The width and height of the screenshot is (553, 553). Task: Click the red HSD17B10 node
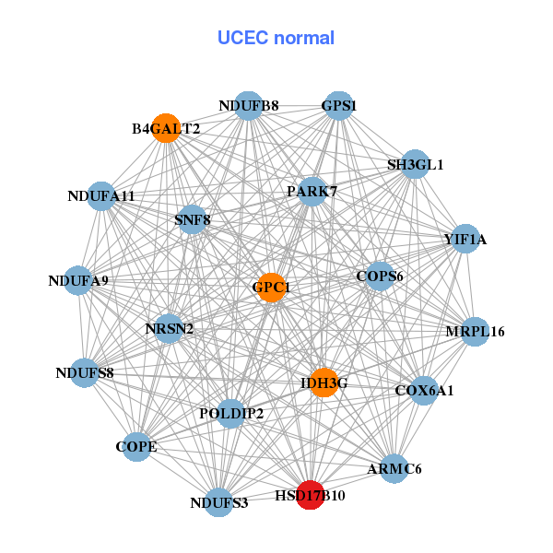[x=311, y=495]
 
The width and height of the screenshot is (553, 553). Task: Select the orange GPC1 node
[x=271, y=288]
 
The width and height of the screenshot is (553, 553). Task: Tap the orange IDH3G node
[x=324, y=382]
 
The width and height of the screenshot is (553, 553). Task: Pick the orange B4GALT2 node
[x=165, y=128]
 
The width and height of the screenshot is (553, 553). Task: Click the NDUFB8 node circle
[x=248, y=106]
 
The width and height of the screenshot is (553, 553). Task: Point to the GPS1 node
[x=338, y=106]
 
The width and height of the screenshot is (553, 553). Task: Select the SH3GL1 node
[x=415, y=164]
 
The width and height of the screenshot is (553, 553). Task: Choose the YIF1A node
[x=465, y=240]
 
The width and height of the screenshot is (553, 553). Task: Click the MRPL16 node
[x=474, y=331]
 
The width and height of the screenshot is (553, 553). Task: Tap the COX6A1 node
[x=423, y=391]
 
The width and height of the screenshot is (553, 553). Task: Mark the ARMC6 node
[x=394, y=468]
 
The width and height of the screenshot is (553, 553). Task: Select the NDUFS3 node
[x=219, y=502]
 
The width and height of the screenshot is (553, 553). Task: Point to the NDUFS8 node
[x=85, y=372]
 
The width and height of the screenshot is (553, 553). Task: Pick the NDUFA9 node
[x=78, y=280]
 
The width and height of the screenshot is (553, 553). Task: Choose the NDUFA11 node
[x=101, y=195]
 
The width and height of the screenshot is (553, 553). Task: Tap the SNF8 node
[x=192, y=219]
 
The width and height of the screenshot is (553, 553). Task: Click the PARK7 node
[x=312, y=192]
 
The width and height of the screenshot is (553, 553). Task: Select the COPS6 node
[x=379, y=276]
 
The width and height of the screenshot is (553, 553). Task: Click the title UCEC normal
[x=276, y=38]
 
